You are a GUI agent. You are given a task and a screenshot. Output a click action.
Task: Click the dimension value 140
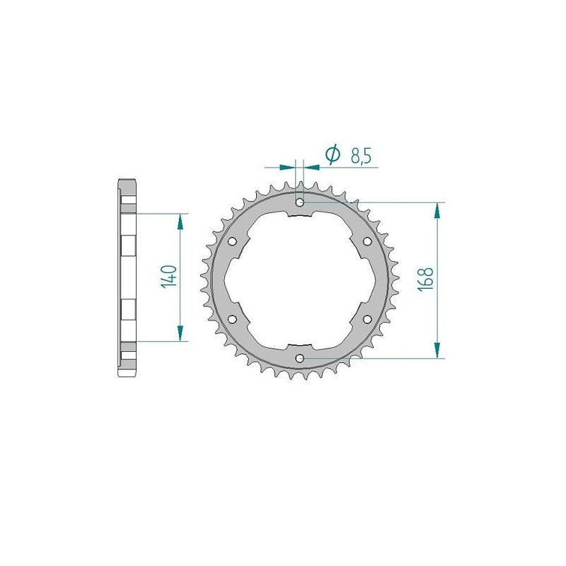tap(168, 277)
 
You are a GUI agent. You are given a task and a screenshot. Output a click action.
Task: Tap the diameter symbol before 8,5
tap(332, 155)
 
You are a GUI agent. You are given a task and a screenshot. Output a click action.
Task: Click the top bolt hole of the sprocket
tap(300, 202)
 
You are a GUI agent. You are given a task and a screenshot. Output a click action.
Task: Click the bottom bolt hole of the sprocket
tap(300, 358)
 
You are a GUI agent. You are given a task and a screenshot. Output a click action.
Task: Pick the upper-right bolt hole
tap(367, 241)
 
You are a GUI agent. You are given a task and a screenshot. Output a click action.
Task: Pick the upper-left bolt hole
tap(233, 241)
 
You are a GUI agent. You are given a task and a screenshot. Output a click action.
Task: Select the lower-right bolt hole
tap(367, 319)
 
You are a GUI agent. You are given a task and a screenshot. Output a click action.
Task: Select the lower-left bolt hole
tap(233, 319)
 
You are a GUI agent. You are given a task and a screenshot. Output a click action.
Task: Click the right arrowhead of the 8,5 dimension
tap(312, 168)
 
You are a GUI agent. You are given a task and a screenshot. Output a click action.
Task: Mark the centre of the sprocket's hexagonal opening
tap(300, 280)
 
